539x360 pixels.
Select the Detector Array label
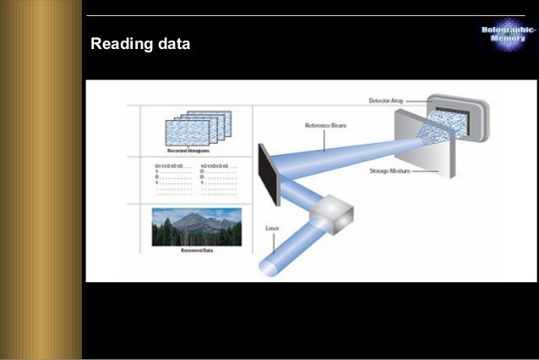coord(388,101)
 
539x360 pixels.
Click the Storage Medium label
coord(390,171)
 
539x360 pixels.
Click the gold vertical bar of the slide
coord(41,180)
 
